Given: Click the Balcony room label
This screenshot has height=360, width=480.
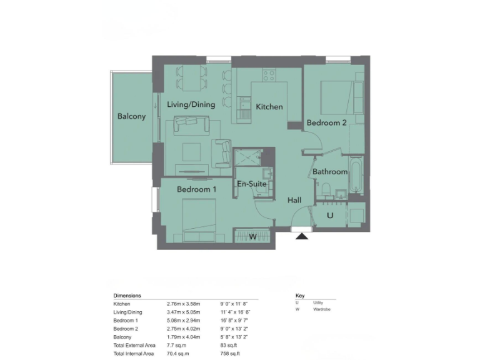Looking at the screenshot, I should tap(131, 116).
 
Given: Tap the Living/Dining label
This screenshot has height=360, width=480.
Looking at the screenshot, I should tap(191, 104).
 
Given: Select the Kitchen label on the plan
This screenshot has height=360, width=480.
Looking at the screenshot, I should tap(269, 107).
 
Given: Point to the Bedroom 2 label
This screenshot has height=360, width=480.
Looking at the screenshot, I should tap(326, 123).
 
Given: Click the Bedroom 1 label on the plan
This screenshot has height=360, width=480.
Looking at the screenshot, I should tap(196, 189).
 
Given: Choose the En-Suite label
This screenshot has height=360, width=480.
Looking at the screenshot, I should tap(252, 184).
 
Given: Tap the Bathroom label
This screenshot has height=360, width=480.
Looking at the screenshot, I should tap(330, 172).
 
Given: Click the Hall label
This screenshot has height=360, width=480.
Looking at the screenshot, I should tap(294, 200).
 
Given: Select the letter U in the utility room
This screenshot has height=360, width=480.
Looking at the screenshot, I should tap(330, 216).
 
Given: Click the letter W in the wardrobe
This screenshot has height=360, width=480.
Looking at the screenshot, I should tap(253, 237).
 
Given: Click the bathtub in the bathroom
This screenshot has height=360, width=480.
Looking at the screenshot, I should tap(356, 175).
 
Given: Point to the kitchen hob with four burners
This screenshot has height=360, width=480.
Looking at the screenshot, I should tap(269, 75).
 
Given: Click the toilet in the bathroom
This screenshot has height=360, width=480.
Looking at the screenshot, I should tap(326, 188).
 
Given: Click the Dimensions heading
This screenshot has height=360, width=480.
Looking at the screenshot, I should tap(127, 295).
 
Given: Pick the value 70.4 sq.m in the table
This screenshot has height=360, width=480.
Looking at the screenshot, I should tap(180, 352).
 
